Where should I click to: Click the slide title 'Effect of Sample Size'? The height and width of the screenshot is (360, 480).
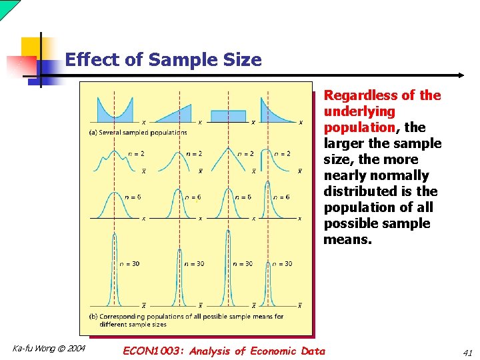(163, 60)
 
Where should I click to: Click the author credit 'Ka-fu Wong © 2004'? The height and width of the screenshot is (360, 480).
(49, 348)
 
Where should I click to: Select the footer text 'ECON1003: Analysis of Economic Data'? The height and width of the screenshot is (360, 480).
(224, 351)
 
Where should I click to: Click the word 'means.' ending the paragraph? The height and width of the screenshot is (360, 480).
(347, 239)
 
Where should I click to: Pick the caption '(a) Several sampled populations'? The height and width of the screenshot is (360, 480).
(138, 132)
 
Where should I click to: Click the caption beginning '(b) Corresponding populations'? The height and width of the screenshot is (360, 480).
(186, 317)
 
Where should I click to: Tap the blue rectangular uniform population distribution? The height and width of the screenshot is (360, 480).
(228, 115)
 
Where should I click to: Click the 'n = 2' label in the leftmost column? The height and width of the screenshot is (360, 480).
(137, 154)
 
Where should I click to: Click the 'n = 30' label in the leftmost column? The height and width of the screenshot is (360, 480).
(129, 264)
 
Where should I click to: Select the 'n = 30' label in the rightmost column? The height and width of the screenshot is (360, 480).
(282, 264)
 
